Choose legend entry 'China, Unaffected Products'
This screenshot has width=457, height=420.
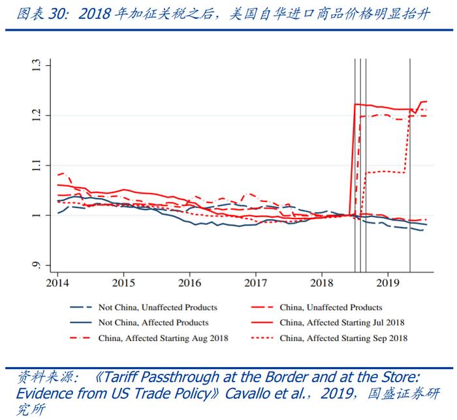330,307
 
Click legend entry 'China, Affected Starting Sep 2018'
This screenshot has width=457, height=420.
343,338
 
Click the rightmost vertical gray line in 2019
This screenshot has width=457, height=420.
410,163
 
